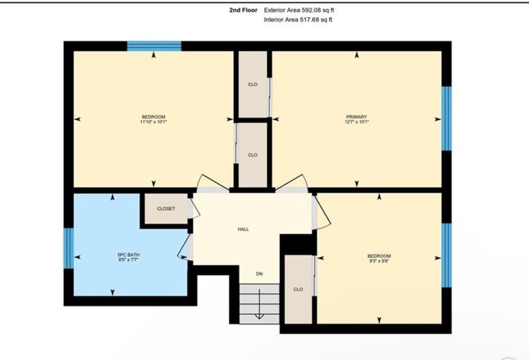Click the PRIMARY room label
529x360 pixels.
point(356,117)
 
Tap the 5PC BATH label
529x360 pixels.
point(128,255)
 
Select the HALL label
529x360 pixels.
point(243,229)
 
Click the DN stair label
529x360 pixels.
point(259,274)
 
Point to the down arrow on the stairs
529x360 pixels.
point(259,304)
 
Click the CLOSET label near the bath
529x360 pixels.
point(166,209)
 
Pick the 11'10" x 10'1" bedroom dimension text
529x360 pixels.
point(154,122)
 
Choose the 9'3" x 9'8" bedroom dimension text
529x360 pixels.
point(379,261)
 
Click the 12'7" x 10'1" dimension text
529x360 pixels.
point(356,122)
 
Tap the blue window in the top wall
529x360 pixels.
point(154,46)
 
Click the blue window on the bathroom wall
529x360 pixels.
point(69,248)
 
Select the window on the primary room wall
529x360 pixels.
point(446,118)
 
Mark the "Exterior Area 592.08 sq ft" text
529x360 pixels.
point(299,10)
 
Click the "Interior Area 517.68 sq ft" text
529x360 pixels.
point(298,20)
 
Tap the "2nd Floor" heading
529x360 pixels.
point(243,10)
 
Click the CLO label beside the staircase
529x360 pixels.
point(298,290)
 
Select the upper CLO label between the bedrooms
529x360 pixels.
point(253,85)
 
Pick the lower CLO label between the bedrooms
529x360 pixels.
point(253,155)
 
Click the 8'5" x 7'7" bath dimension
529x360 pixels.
point(128,259)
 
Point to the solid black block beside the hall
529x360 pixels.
point(298,244)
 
